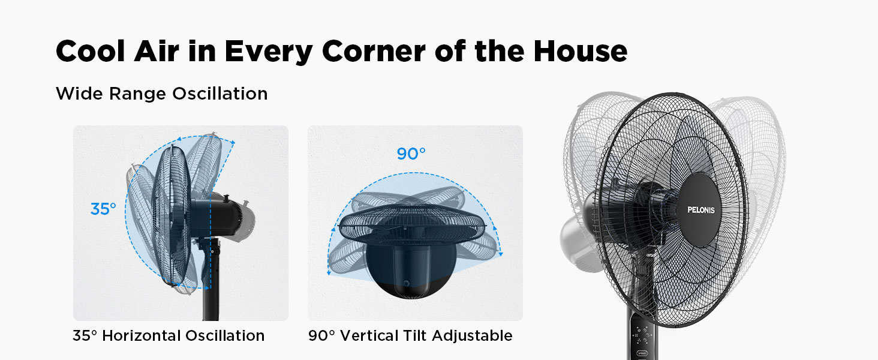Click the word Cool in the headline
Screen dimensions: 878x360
[x=91, y=51]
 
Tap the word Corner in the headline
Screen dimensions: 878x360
[x=374, y=51]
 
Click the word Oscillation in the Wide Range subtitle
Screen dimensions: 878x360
[x=220, y=94]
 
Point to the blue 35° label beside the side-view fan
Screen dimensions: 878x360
[x=103, y=209]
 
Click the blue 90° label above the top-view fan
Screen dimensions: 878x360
[x=411, y=154]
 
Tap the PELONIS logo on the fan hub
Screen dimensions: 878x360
[x=701, y=210]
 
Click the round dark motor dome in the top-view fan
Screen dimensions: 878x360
[x=411, y=270]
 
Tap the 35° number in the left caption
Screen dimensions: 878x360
[x=85, y=335]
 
